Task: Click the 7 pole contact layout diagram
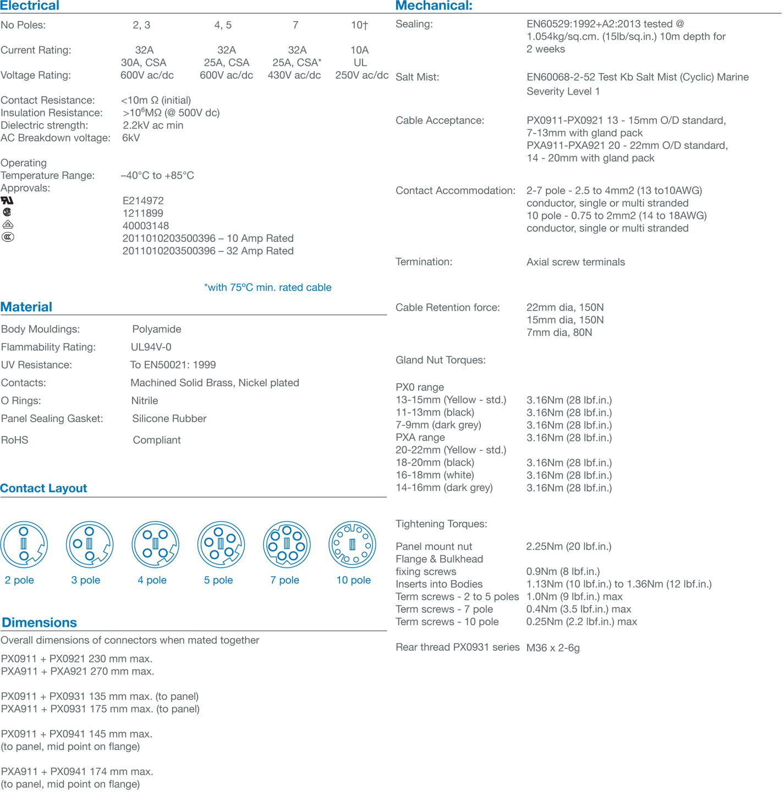pyautogui.click(x=287, y=545)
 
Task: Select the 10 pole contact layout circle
pyautogui.click(x=352, y=545)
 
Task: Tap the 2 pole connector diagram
pyautogui.click(x=24, y=545)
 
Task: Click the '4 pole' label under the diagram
pyautogui.click(x=152, y=580)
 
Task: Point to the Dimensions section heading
pyautogui.click(x=39, y=622)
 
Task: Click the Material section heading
pyautogui.click(x=26, y=307)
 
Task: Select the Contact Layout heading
pyautogui.click(x=43, y=488)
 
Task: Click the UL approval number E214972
pyautogui.click(x=143, y=201)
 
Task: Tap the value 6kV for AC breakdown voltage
pyautogui.click(x=131, y=137)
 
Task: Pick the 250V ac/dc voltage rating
pyautogui.click(x=361, y=75)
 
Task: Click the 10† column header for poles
pyautogui.click(x=359, y=25)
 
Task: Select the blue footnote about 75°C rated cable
pyautogui.click(x=267, y=288)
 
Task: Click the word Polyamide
pyautogui.click(x=157, y=329)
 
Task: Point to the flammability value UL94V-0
pyautogui.click(x=151, y=347)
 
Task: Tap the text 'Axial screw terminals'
pyautogui.click(x=575, y=262)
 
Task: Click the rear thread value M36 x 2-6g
pyautogui.click(x=553, y=648)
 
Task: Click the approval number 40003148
pyautogui.click(x=146, y=226)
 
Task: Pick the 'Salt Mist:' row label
pyautogui.click(x=418, y=78)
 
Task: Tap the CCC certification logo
pyautogui.click(x=8, y=237)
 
